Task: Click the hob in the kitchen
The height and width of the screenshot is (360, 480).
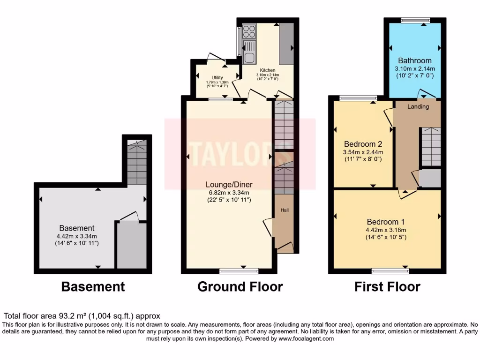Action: (249, 31)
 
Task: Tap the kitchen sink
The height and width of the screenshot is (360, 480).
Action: (249, 52)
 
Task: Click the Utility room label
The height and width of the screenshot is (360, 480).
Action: (217, 78)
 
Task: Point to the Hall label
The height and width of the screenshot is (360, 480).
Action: (284, 210)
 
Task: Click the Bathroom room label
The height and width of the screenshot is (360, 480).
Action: (415, 60)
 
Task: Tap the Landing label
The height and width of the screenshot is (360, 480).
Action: (418, 107)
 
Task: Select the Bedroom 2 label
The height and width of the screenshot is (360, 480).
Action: (363, 143)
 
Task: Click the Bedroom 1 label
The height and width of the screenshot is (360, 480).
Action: (386, 222)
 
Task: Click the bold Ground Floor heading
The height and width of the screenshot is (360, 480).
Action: (240, 286)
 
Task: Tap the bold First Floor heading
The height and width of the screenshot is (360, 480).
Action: (387, 286)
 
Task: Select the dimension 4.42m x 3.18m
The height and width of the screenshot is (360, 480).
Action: (386, 230)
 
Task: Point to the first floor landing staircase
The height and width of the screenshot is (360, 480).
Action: (430, 147)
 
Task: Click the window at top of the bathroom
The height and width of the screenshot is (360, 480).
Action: (415, 20)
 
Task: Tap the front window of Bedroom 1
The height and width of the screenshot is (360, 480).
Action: (390, 270)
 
